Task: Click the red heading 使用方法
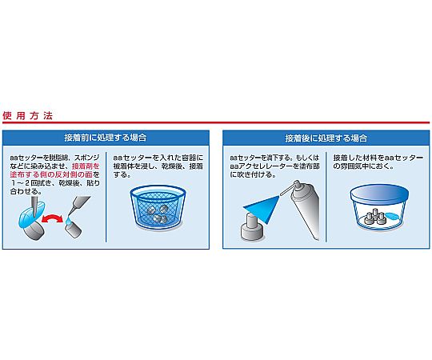pos(27,116)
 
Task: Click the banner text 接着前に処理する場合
pos(106,138)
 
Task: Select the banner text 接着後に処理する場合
pos(326,138)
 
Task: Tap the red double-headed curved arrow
pos(52,219)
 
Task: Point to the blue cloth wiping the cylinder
pos(31,214)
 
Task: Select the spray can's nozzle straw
pos(288,190)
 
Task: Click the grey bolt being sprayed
pos(252,230)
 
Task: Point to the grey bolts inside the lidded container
pos(374,217)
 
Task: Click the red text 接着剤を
pos(86,166)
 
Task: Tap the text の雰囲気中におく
pos(363,166)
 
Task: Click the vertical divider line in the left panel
pos(106,197)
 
